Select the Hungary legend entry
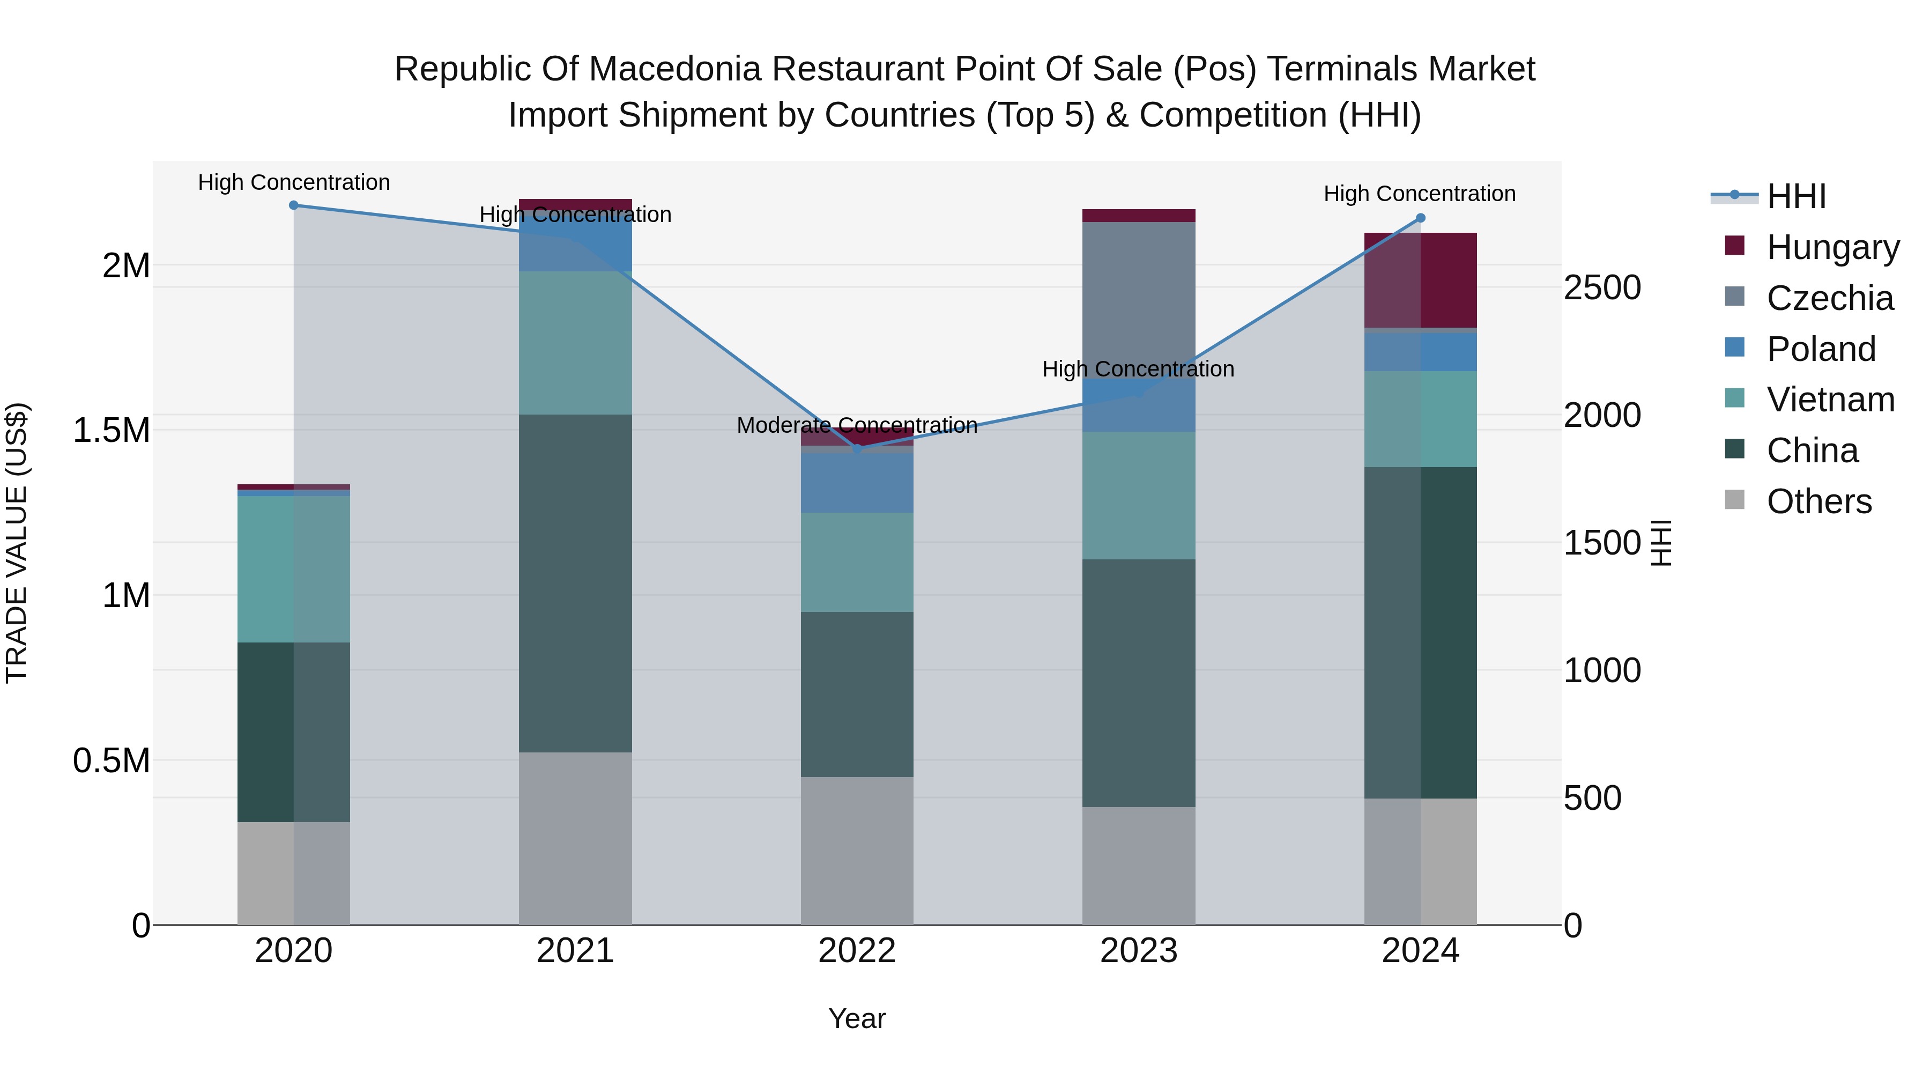pos(1832,247)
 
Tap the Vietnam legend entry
pos(1830,400)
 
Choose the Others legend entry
pos(1818,501)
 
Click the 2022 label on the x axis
pos(857,951)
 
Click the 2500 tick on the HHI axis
pos(1602,288)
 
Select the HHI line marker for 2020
pos(294,205)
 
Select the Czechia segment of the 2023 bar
pos(1139,300)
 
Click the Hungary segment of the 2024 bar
pos(1421,280)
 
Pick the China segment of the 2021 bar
pos(575,583)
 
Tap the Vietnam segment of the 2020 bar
pos(294,569)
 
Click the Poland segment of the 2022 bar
pos(857,483)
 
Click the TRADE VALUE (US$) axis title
pos(17,543)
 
